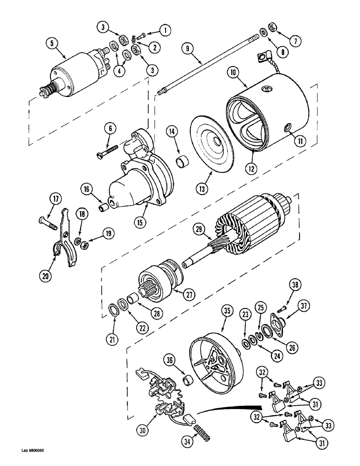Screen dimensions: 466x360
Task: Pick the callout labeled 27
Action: click(x=189, y=294)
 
